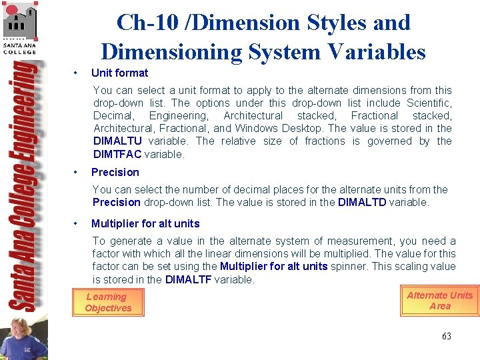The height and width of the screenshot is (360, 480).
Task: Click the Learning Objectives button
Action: (x=107, y=302)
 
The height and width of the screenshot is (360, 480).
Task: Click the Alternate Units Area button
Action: (x=439, y=301)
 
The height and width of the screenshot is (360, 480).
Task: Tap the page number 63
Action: (x=446, y=336)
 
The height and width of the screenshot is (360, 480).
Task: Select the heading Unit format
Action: (x=119, y=73)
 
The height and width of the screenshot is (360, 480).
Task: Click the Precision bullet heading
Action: (x=115, y=172)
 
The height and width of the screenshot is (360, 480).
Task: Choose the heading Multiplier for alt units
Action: (x=145, y=223)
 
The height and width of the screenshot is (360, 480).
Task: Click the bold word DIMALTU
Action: (x=117, y=141)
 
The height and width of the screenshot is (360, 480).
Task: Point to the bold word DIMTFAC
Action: (x=117, y=154)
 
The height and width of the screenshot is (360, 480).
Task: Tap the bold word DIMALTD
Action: (x=361, y=202)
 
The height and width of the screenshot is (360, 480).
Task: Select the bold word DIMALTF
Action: (x=188, y=279)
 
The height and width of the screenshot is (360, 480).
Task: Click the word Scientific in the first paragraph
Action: (x=428, y=103)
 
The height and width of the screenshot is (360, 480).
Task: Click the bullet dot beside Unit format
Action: (x=77, y=73)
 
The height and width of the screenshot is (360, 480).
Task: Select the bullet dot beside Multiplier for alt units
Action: (x=77, y=223)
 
